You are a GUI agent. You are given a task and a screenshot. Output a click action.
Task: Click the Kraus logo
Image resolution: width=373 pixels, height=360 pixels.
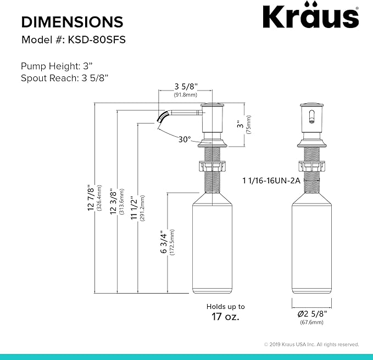click(x=310, y=17)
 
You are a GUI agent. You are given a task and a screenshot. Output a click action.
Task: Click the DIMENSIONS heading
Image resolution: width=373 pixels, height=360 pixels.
click(x=72, y=22)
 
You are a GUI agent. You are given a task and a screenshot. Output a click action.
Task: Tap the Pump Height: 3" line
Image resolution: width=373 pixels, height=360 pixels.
click(x=56, y=66)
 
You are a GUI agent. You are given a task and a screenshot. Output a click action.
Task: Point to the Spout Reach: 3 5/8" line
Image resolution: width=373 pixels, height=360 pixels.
click(x=64, y=78)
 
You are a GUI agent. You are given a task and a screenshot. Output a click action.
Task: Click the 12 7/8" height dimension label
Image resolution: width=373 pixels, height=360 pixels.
click(x=91, y=198)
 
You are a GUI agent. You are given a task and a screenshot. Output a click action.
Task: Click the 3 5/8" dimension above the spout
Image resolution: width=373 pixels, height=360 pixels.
click(x=186, y=87)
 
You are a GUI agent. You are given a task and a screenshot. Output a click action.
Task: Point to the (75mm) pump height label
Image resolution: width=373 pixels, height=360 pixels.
click(x=248, y=126)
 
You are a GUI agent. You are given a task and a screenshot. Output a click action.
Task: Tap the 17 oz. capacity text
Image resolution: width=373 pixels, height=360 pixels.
click(x=225, y=317)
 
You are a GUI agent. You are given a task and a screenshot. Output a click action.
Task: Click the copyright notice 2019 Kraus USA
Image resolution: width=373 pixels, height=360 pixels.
click(x=311, y=344)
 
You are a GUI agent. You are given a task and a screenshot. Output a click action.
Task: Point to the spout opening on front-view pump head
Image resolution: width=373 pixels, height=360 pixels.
click(x=311, y=117)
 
